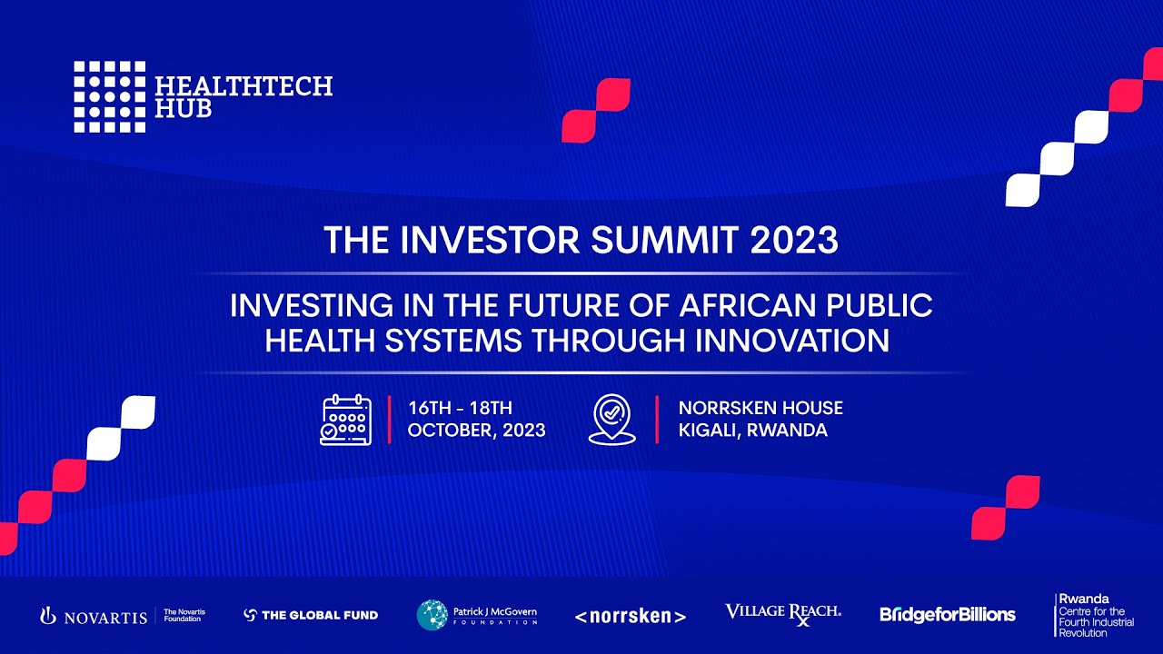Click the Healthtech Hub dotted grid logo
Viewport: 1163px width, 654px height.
coord(109,97)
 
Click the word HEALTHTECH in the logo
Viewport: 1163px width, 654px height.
coord(244,86)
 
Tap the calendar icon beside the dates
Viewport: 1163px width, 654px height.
coord(346,420)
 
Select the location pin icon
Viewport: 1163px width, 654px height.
coord(611,420)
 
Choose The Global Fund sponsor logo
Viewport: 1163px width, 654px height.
coord(311,615)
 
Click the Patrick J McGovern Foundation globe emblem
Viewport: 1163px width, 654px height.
coord(432,615)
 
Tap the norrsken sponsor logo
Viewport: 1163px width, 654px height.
coord(630,617)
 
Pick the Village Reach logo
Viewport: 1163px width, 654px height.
coord(782,613)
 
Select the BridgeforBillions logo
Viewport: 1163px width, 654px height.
coord(947,615)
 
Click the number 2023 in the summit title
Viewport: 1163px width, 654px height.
coord(794,241)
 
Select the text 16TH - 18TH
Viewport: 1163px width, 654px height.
coord(460,408)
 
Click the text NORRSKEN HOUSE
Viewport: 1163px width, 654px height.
coord(760,408)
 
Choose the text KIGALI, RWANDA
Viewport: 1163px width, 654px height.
coord(752,431)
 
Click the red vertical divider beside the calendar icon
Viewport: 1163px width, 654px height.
coord(390,420)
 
